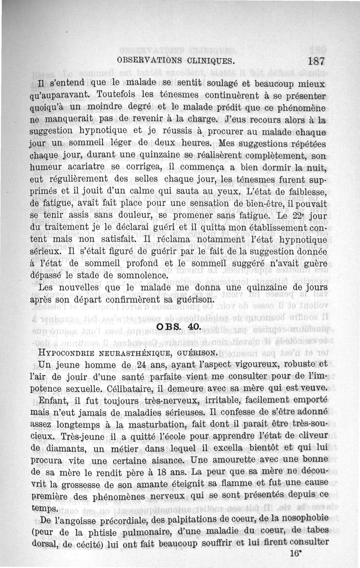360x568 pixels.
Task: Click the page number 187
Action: click(317, 61)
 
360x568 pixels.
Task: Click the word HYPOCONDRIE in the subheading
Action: click(68, 353)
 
